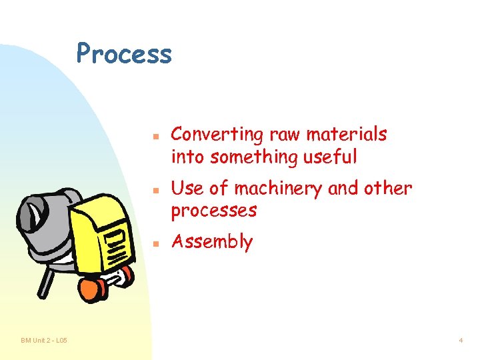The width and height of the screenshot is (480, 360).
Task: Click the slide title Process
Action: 124,53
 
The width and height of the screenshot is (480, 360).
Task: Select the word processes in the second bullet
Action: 213,211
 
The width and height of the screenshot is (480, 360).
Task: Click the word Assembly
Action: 212,242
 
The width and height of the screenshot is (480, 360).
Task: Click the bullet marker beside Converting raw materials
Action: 154,135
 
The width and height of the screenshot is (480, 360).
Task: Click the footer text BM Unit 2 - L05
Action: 44,341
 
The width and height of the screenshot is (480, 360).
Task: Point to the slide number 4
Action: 460,341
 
